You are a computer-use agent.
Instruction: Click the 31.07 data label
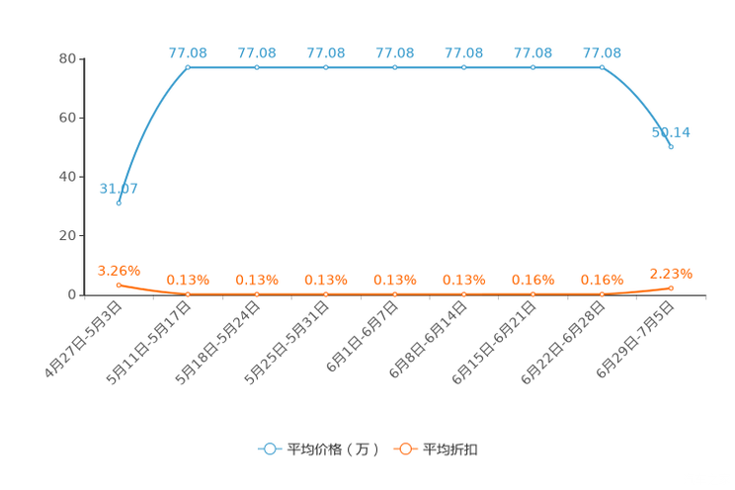119,189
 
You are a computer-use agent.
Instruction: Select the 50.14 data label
671,132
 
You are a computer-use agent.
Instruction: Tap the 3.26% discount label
119,271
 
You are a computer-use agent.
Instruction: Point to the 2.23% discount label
671,274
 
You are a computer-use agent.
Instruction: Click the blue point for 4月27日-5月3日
119,204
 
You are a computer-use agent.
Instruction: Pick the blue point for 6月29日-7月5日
671,147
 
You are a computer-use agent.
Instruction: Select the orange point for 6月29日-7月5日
671,288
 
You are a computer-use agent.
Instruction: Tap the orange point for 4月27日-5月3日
119,286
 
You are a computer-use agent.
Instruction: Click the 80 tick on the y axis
67,58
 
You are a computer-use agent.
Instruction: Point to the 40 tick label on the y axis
67,177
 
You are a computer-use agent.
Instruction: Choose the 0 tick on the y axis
72,295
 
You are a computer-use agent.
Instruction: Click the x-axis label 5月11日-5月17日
149,343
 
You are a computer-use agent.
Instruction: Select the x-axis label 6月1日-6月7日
363,337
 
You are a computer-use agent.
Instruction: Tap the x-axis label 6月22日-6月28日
563,343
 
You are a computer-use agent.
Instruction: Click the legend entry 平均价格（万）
319,449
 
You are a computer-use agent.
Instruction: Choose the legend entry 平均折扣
436,449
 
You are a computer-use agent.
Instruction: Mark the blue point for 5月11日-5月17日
188,67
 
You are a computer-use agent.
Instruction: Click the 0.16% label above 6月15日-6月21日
532,280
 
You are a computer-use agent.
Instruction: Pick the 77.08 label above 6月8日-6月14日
464,53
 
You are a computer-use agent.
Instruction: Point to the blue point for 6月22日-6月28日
602,67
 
